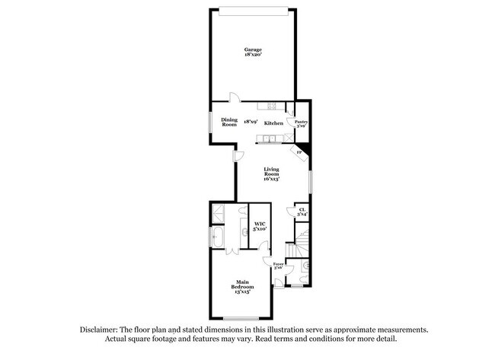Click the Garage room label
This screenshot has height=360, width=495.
point(253,49)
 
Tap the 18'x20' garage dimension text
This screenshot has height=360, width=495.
point(253,55)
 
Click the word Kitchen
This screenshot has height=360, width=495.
point(274,123)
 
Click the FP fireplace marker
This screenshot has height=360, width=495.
point(299,152)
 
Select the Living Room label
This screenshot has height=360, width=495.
point(272,171)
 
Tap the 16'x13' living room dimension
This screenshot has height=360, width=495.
point(272,179)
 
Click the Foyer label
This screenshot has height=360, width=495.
point(279,264)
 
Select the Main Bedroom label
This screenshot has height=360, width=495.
point(241,286)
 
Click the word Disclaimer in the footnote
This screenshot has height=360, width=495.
point(104,330)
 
